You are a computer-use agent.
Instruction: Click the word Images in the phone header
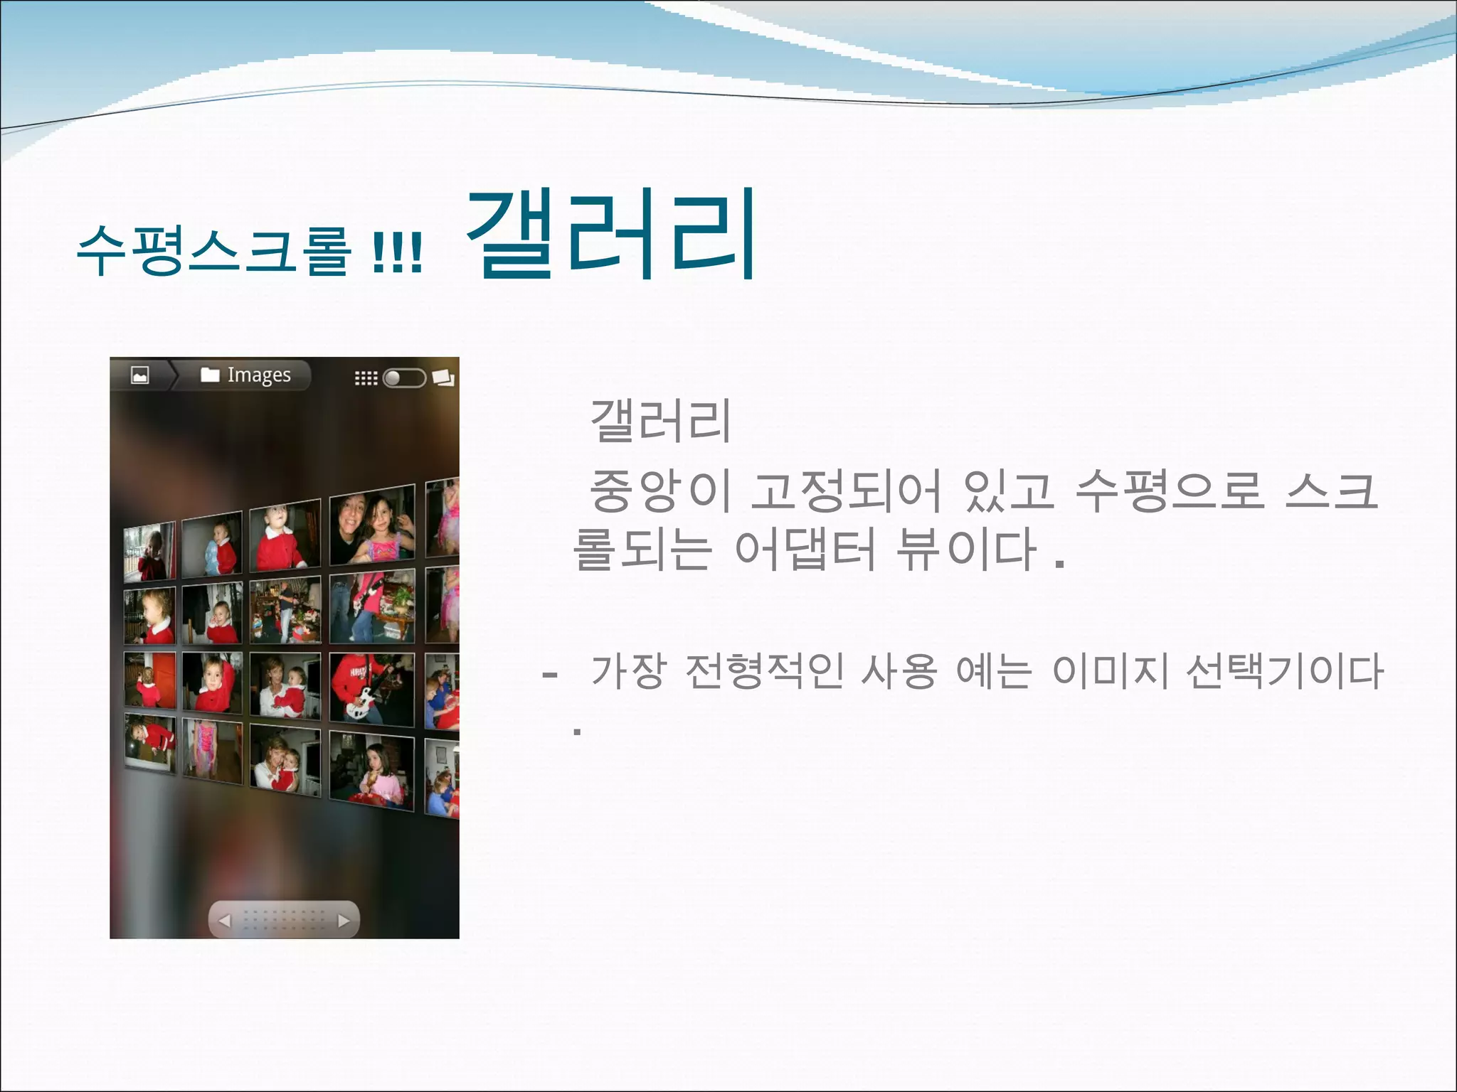(x=259, y=375)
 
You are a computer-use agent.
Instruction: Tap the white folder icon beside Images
(x=210, y=375)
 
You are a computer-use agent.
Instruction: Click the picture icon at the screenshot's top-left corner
(x=140, y=375)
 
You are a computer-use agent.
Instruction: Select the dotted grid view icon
(x=366, y=378)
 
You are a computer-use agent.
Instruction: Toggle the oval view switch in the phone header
(x=404, y=378)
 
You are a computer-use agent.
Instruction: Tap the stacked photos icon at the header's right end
(x=443, y=378)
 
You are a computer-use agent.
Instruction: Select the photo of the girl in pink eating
(x=371, y=771)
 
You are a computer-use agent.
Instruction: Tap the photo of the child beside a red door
(x=149, y=680)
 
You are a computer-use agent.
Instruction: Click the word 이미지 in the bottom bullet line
(x=1110, y=671)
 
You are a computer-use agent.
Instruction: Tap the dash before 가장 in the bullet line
(x=549, y=673)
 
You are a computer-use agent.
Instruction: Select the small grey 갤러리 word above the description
(x=660, y=421)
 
